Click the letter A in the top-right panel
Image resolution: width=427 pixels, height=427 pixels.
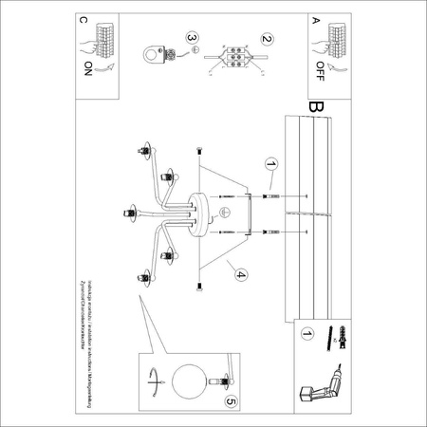pos(316,19)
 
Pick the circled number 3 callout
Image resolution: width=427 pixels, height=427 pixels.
pos(194,39)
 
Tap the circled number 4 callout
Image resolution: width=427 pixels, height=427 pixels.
pos(241,275)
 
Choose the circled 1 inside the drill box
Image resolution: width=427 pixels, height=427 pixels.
pos(306,334)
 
